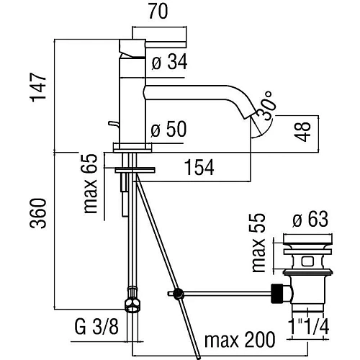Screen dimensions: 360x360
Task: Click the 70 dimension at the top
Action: coord(158,11)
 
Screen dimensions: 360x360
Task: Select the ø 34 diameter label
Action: coord(169,62)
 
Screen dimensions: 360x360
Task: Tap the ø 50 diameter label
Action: coord(168,129)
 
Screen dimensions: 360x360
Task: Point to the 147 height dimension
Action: coord(38,87)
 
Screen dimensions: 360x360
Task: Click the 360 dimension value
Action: coord(38,213)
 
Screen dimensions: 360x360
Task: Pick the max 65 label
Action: coord(90,184)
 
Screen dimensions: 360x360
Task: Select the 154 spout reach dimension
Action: coord(199,167)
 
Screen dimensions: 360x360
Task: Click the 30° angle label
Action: coord(266,106)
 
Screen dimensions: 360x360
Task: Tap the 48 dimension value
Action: coord(303,132)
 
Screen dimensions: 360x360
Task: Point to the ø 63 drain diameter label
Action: coord(310,219)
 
